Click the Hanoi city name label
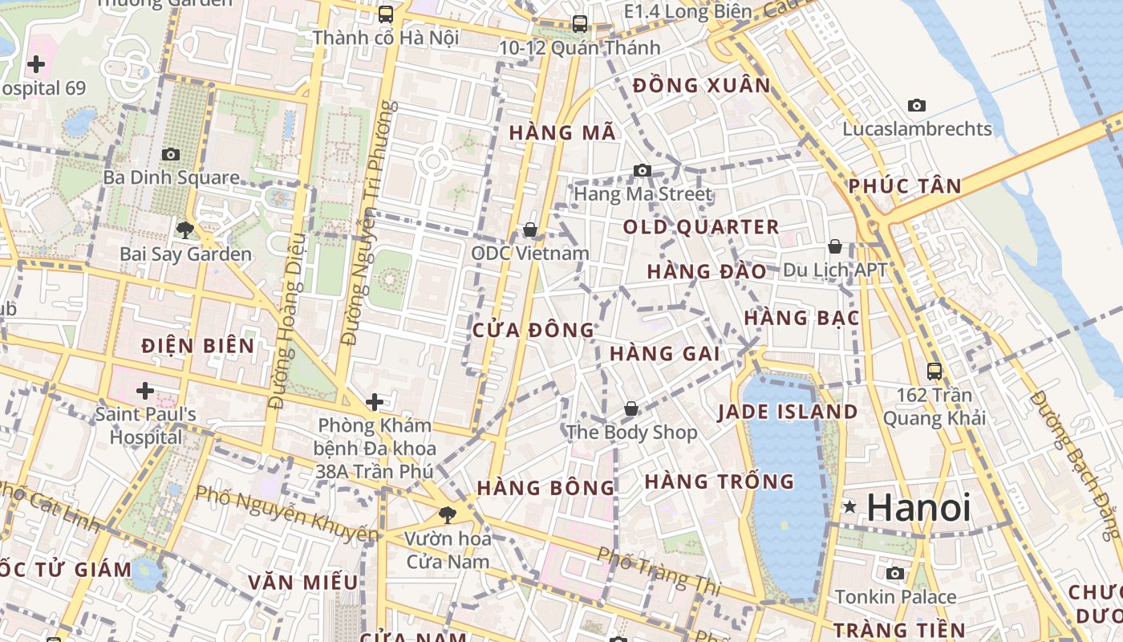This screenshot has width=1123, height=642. (x=918, y=508)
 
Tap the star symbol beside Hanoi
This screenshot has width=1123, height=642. (x=849, y=507)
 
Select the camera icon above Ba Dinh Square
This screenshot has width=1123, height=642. (x=171, y=154)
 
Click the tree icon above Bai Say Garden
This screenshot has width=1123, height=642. (x=185, y=230)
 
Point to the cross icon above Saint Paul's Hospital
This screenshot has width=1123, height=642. (x=145, y=392)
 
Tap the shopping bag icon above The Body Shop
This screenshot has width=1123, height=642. (x=631, y=409)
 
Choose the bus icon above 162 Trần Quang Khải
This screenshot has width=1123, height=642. (x=934, y=371)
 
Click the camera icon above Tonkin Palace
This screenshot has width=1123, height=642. (x=895, y=573)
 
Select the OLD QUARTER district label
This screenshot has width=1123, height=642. (x=701, y=227)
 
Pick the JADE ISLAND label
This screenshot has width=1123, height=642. (x=788, y=412)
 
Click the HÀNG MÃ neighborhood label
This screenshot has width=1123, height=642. (x=563, y=133)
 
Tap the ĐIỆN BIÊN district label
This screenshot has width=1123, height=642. (x=198, y=346)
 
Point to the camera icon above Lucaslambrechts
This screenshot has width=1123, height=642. (x=917, y=105)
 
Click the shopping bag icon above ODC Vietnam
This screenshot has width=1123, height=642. (x=529, y=230)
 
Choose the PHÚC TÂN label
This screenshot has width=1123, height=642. (x=905, y=186)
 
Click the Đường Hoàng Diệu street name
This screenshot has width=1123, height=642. (x=287, y=321)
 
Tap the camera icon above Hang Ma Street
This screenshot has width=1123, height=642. (x=642, y=170)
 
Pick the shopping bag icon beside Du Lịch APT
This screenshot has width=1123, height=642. (x=835, y=246)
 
